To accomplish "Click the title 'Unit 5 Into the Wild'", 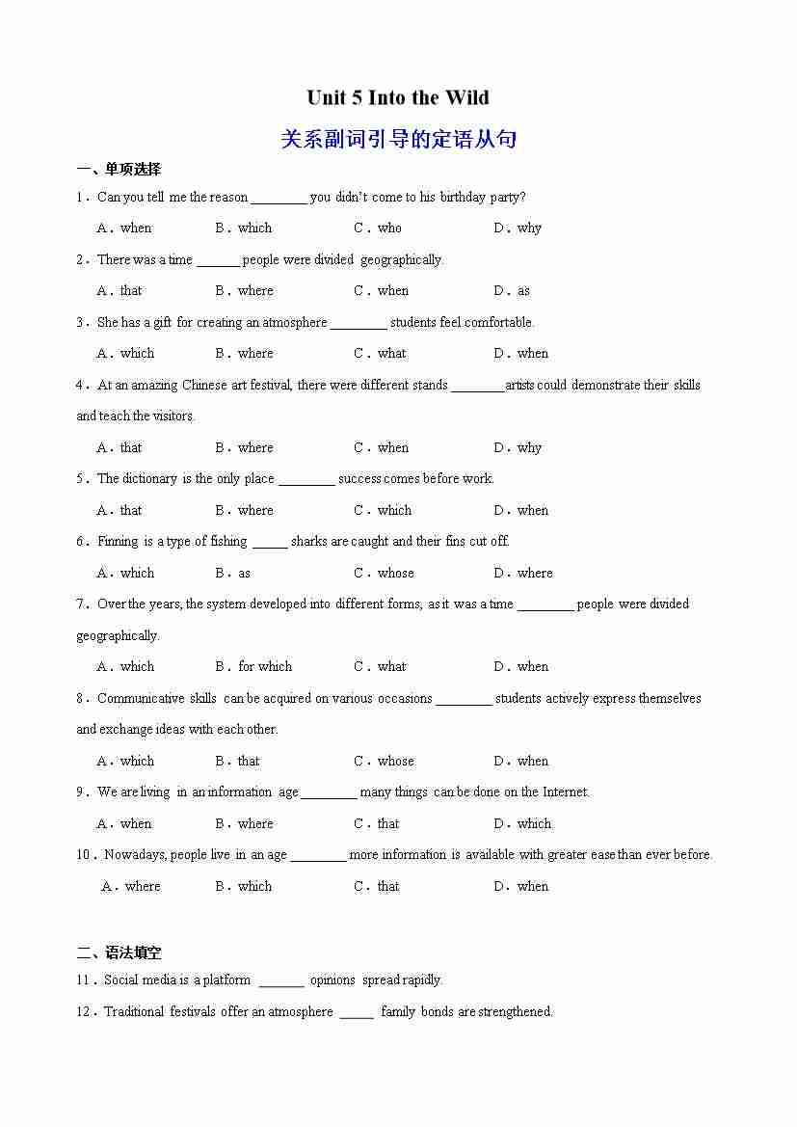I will coord(398,97).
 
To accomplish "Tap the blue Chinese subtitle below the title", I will coord(398,139).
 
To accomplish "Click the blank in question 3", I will coord(359,323).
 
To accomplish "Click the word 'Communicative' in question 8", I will coord(141,699).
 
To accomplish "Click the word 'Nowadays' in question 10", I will coord(135,855).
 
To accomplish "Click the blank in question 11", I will coord(281,980).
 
